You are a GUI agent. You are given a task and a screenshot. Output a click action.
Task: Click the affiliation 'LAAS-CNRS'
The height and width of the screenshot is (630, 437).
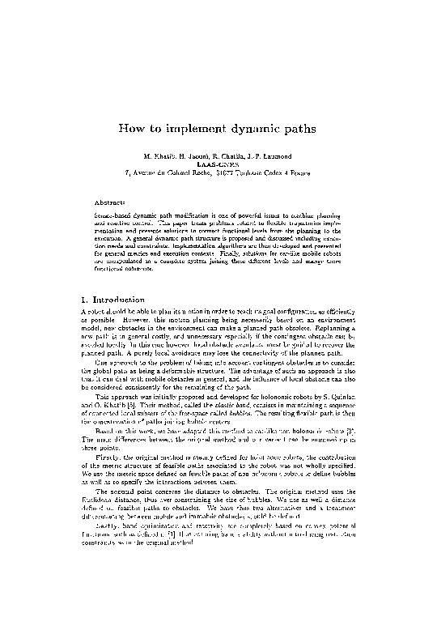tap(218, 164)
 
